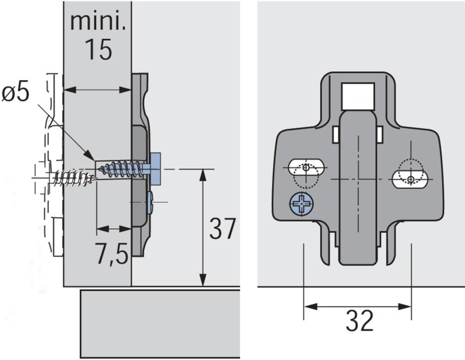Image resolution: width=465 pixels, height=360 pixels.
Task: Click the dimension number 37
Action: coord(223,228)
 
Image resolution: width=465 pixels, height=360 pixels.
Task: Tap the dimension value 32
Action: coord(359,321)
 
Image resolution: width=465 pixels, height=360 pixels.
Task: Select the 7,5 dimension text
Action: coord(112,254)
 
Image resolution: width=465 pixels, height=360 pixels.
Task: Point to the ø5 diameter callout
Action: coord(16,92)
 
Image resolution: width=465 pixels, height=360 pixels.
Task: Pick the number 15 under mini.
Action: coord(98,49)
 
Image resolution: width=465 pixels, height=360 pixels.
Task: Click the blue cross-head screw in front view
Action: coord(302,204)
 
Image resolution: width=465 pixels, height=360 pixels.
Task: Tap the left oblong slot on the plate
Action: coord(306,168)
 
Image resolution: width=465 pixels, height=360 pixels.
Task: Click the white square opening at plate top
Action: coord(357,96)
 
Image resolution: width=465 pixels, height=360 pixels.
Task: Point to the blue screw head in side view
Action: coord(155,169)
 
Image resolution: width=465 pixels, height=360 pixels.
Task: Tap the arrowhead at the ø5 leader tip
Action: coord(90,155)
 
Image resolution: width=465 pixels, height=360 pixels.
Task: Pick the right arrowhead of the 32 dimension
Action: coord(405,307)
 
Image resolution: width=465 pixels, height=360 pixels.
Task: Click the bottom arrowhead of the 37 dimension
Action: coord(203,280)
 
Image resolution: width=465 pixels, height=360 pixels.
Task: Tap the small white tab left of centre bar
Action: coord(336,135)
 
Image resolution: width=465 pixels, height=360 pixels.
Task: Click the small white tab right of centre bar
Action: coord(380,135)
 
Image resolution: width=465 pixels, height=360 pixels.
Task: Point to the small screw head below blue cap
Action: coord(150,203)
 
